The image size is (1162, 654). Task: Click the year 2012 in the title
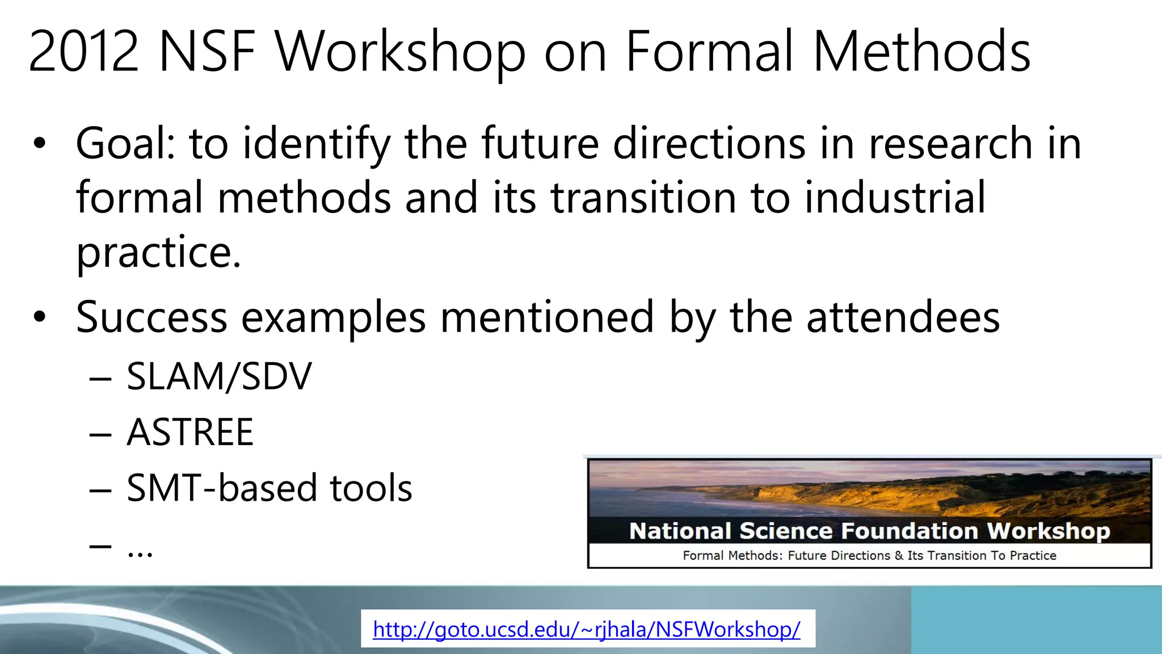point(83,52)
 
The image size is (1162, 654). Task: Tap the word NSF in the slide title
point(207,52)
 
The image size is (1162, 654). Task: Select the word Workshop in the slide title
point(401,52)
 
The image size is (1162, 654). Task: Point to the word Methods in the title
point(921,52)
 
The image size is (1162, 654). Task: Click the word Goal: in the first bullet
point(125,143)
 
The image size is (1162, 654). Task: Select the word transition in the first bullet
point(643,198)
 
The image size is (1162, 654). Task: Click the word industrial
point(895,198)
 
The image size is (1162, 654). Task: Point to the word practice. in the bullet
point(159,252)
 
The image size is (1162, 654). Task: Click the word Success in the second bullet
point(151,317)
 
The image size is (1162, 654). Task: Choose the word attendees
point(903,317)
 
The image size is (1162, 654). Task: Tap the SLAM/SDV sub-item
point(219,376)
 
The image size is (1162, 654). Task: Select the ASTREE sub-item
point(190,432)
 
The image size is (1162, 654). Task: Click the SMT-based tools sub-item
point(269,488)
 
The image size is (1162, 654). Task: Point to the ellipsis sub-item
point(140,548)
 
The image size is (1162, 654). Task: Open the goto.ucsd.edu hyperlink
point(587,629)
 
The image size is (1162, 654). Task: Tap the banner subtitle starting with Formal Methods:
point(869,555)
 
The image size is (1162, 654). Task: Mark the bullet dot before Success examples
point(39,317)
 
